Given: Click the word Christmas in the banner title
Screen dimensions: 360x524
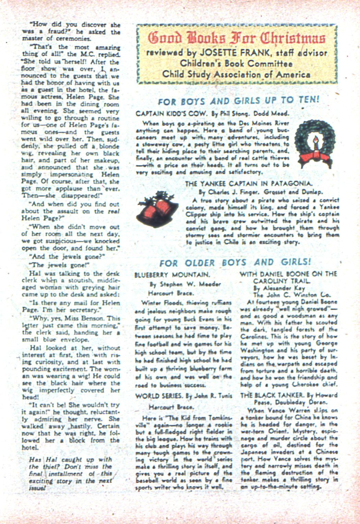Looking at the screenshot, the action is pos(292,38).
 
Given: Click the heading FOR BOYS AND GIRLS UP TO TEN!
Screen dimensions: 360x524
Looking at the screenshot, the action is pos(238,101).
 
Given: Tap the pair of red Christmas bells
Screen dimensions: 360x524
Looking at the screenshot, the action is pos(158,210).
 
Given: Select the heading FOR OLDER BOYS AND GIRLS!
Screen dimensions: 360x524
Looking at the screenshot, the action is pos(235,263).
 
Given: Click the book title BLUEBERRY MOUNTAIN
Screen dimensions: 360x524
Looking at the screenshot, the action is pos(172,275).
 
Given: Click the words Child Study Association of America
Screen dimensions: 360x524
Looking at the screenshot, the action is pos(236,74).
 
